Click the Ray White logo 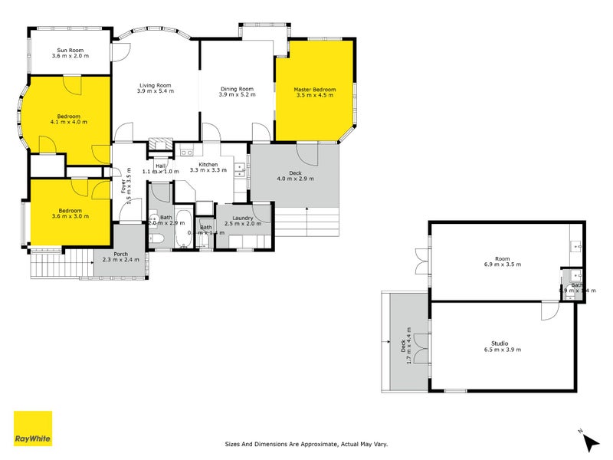point(33,429)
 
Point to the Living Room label point(155,85)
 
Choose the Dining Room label point(236,90)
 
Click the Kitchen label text point(208,164)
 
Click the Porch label point(121,255)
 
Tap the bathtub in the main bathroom point(183,228)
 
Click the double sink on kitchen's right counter point(240,170)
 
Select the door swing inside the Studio point(549,310)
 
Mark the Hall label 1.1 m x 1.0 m point(161,168)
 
